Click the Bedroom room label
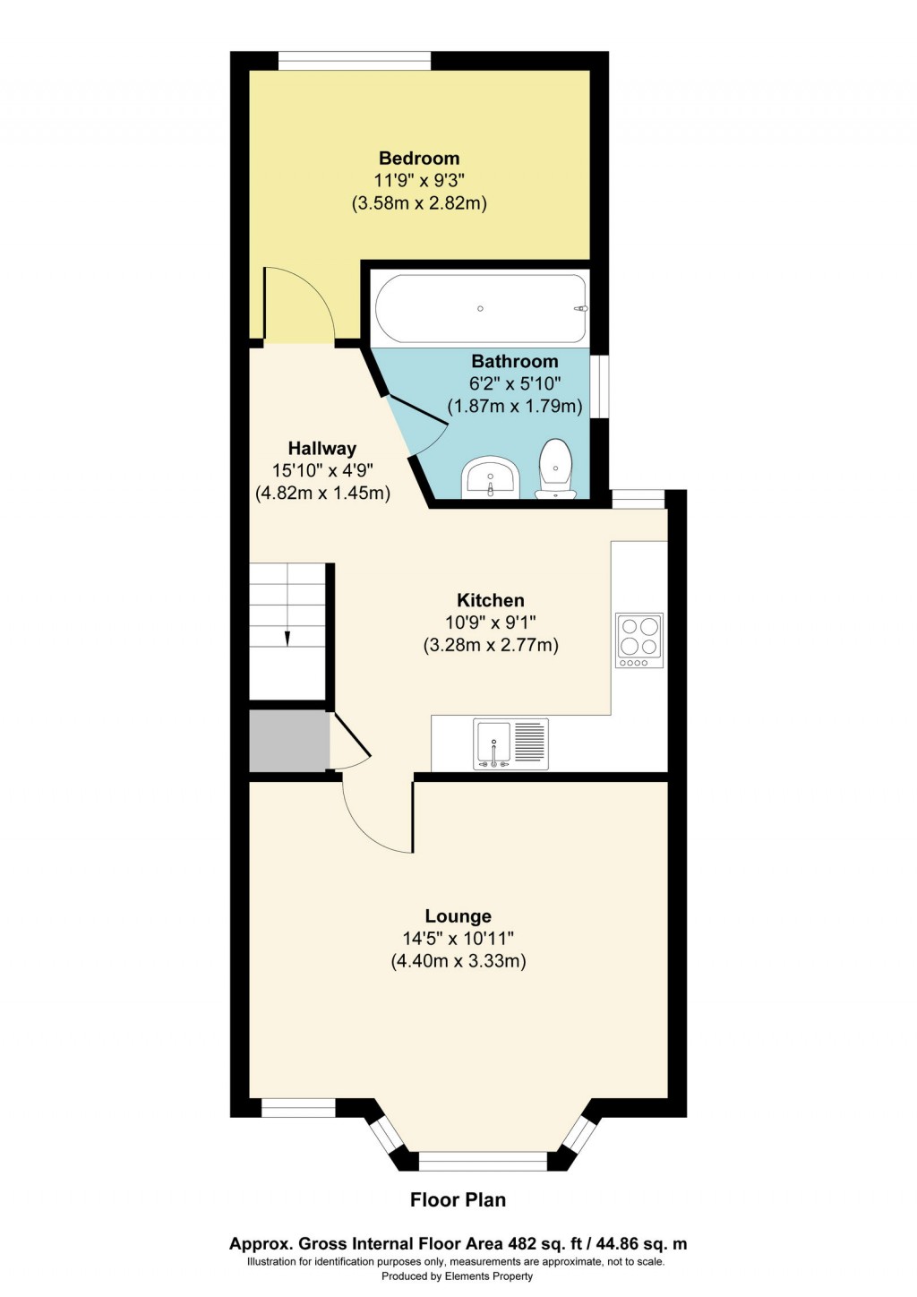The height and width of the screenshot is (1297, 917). [x=419, y=159]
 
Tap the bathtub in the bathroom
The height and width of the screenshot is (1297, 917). [x=481, y=308]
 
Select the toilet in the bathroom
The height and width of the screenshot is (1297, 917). [x=555, y=468]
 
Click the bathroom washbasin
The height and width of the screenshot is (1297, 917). [x=491, y=477]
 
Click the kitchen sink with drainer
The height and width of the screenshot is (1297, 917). [x=510, y=744]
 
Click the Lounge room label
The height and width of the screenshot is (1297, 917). [x=458, y=916]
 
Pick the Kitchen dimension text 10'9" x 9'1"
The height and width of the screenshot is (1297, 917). [x=491, y=623]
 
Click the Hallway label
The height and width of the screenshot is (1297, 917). [x=321, y=449]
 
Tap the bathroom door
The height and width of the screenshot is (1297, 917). [x=416, y=423]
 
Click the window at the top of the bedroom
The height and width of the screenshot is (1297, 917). [x=355, y=61]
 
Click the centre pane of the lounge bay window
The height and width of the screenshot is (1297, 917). [x=483, y=1162]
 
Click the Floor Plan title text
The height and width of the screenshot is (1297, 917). [x=458, y=1200]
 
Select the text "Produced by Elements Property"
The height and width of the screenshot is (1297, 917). [x=457, y=1276]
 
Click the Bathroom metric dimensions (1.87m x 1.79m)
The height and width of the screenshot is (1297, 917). [x=515, y=406]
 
